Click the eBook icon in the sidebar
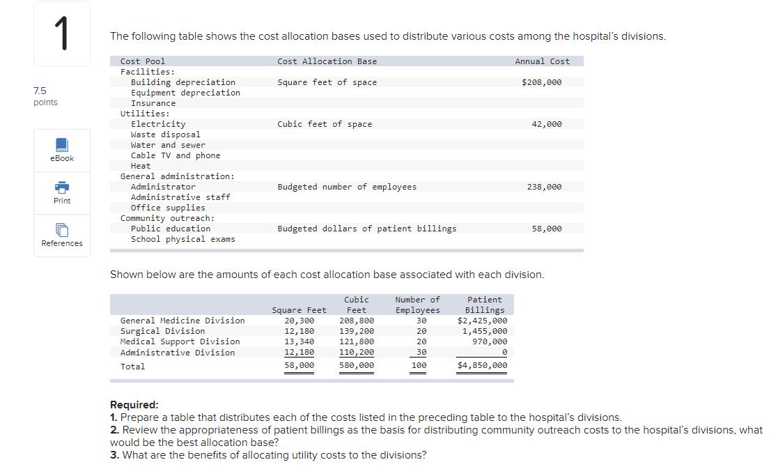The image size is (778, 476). pyautogui.click(x=62, y=145)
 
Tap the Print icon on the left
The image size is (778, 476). pyautogui.click(x=62, y=187)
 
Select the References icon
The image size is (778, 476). pyautogui.click(x=62, y=230)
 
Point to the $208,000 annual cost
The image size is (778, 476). pyautogui.click(x=541, y=82)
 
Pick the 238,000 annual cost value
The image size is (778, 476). pyautogui.click(x=544, y=187)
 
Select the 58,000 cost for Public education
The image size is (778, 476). pyautogui.click(x=546, y=229)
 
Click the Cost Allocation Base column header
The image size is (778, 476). pyautogui.click(x=327, y=61)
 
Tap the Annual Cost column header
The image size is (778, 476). pyautogui.click(x=542, y=61)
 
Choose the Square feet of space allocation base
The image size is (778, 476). pyautogui.click(x=327, y=82)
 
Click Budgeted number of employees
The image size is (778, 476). pyautogui.click(x=347, y=187)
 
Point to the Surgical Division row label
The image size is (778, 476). pyautogui.click(x=163, y=331)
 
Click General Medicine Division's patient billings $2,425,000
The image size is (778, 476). pyautogui.click(x=482, y=321)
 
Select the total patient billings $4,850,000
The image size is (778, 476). pyautogui.click(x=482, y=365)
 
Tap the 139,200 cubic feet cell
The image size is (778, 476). pyautogui.click(x=356, y=331)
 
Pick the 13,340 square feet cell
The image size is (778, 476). pyautogui.click(x=299, y=341)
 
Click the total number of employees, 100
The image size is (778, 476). pyautogui.click(x=419, y=365)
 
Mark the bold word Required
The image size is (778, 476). pyautogui.click(x=134, y=405)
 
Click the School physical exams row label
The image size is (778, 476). pyautogui.click(x=182, y=239)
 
